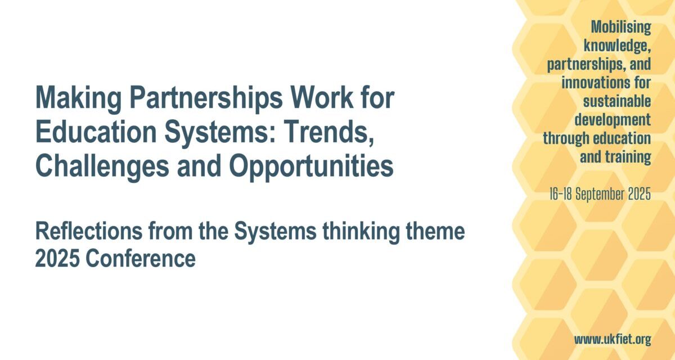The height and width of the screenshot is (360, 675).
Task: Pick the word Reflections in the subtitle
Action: click(89, 231)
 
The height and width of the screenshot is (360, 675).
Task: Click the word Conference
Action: click(141, 259)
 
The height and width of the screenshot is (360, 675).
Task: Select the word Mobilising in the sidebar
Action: click(621, 27)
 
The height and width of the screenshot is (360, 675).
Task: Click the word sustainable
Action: click(617, 101)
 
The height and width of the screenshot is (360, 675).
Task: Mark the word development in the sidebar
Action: click(613, 120)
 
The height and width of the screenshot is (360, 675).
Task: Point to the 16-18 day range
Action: click(561, 193)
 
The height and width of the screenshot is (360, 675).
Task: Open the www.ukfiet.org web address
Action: click(613, 340)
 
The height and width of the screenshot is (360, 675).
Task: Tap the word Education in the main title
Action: click(96, 133)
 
